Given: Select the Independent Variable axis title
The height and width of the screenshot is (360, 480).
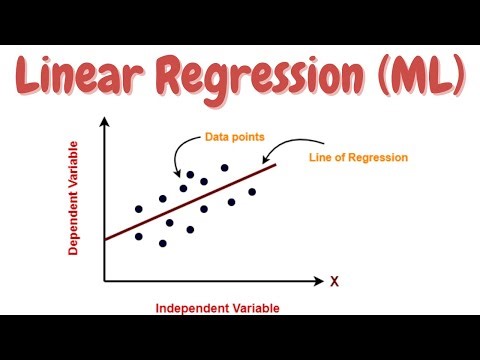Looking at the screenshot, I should pyautogui.click(x=217, y=307).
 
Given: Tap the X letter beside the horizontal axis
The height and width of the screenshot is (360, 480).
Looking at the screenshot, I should pyautogui.click(x=335, y=282).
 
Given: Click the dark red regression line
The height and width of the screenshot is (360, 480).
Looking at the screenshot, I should pyautogui.click(x=200, y=207).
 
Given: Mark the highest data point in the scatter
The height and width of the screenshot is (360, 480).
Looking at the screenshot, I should pyautogui.click(x=225, y=168).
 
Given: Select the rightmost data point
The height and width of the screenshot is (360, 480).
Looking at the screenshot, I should pyautogui.click(x=252, y=191).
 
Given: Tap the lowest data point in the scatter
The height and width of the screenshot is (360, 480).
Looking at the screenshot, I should pyautogui.click(x=163, y=243).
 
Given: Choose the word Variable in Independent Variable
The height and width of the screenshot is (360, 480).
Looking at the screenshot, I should pyautogui.click(x=254, y=307).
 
